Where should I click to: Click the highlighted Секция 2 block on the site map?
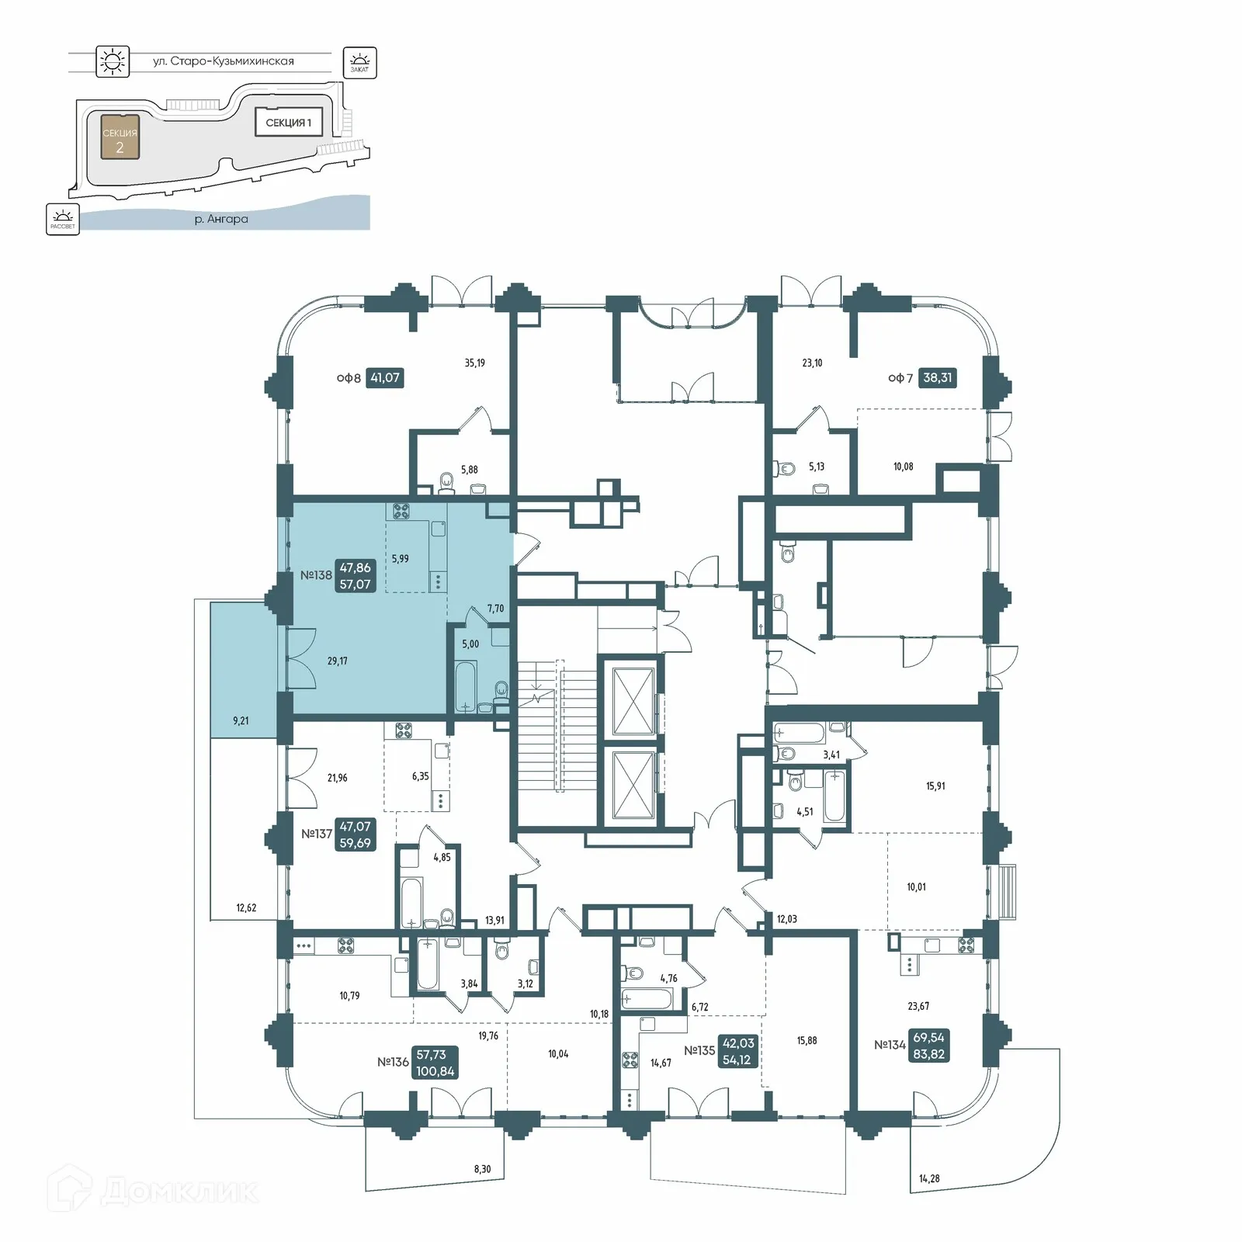120,137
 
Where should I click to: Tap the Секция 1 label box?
288,123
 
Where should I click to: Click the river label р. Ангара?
221,219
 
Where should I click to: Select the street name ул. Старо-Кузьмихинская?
223,61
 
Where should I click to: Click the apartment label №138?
316,575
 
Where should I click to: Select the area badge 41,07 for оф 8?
385,378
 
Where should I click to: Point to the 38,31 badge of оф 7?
937,378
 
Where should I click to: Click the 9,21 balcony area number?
241,720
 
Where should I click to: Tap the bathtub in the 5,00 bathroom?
466,685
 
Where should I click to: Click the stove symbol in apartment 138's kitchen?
401,511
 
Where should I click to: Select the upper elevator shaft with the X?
633,699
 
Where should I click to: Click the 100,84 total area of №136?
435,1071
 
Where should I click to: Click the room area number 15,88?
807,1040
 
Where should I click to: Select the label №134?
890,1045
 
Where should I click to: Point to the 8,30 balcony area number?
481,1169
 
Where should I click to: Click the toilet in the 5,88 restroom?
446,483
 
